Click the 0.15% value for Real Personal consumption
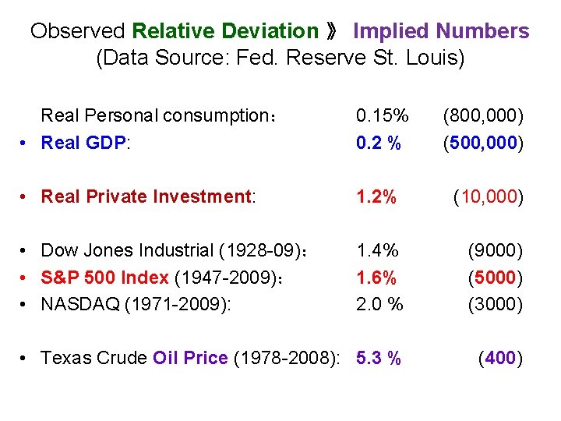[x=382, y=116]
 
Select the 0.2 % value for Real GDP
[x=379, y=143]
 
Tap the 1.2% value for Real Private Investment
[x=376, y=196]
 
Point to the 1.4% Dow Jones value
[x=377, y=250]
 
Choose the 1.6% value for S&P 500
[x=376, y=278]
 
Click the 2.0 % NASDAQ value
[x=379, y=304]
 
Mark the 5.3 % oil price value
[x=379, y=358]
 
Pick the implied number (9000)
[x=495, y=250]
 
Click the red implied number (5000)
[x=495, y=278]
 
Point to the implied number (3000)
[x=495, y=304]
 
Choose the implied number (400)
[x=499, y=358]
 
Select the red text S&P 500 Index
[x=104, y=278]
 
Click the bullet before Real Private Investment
[x=26, y=196]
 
